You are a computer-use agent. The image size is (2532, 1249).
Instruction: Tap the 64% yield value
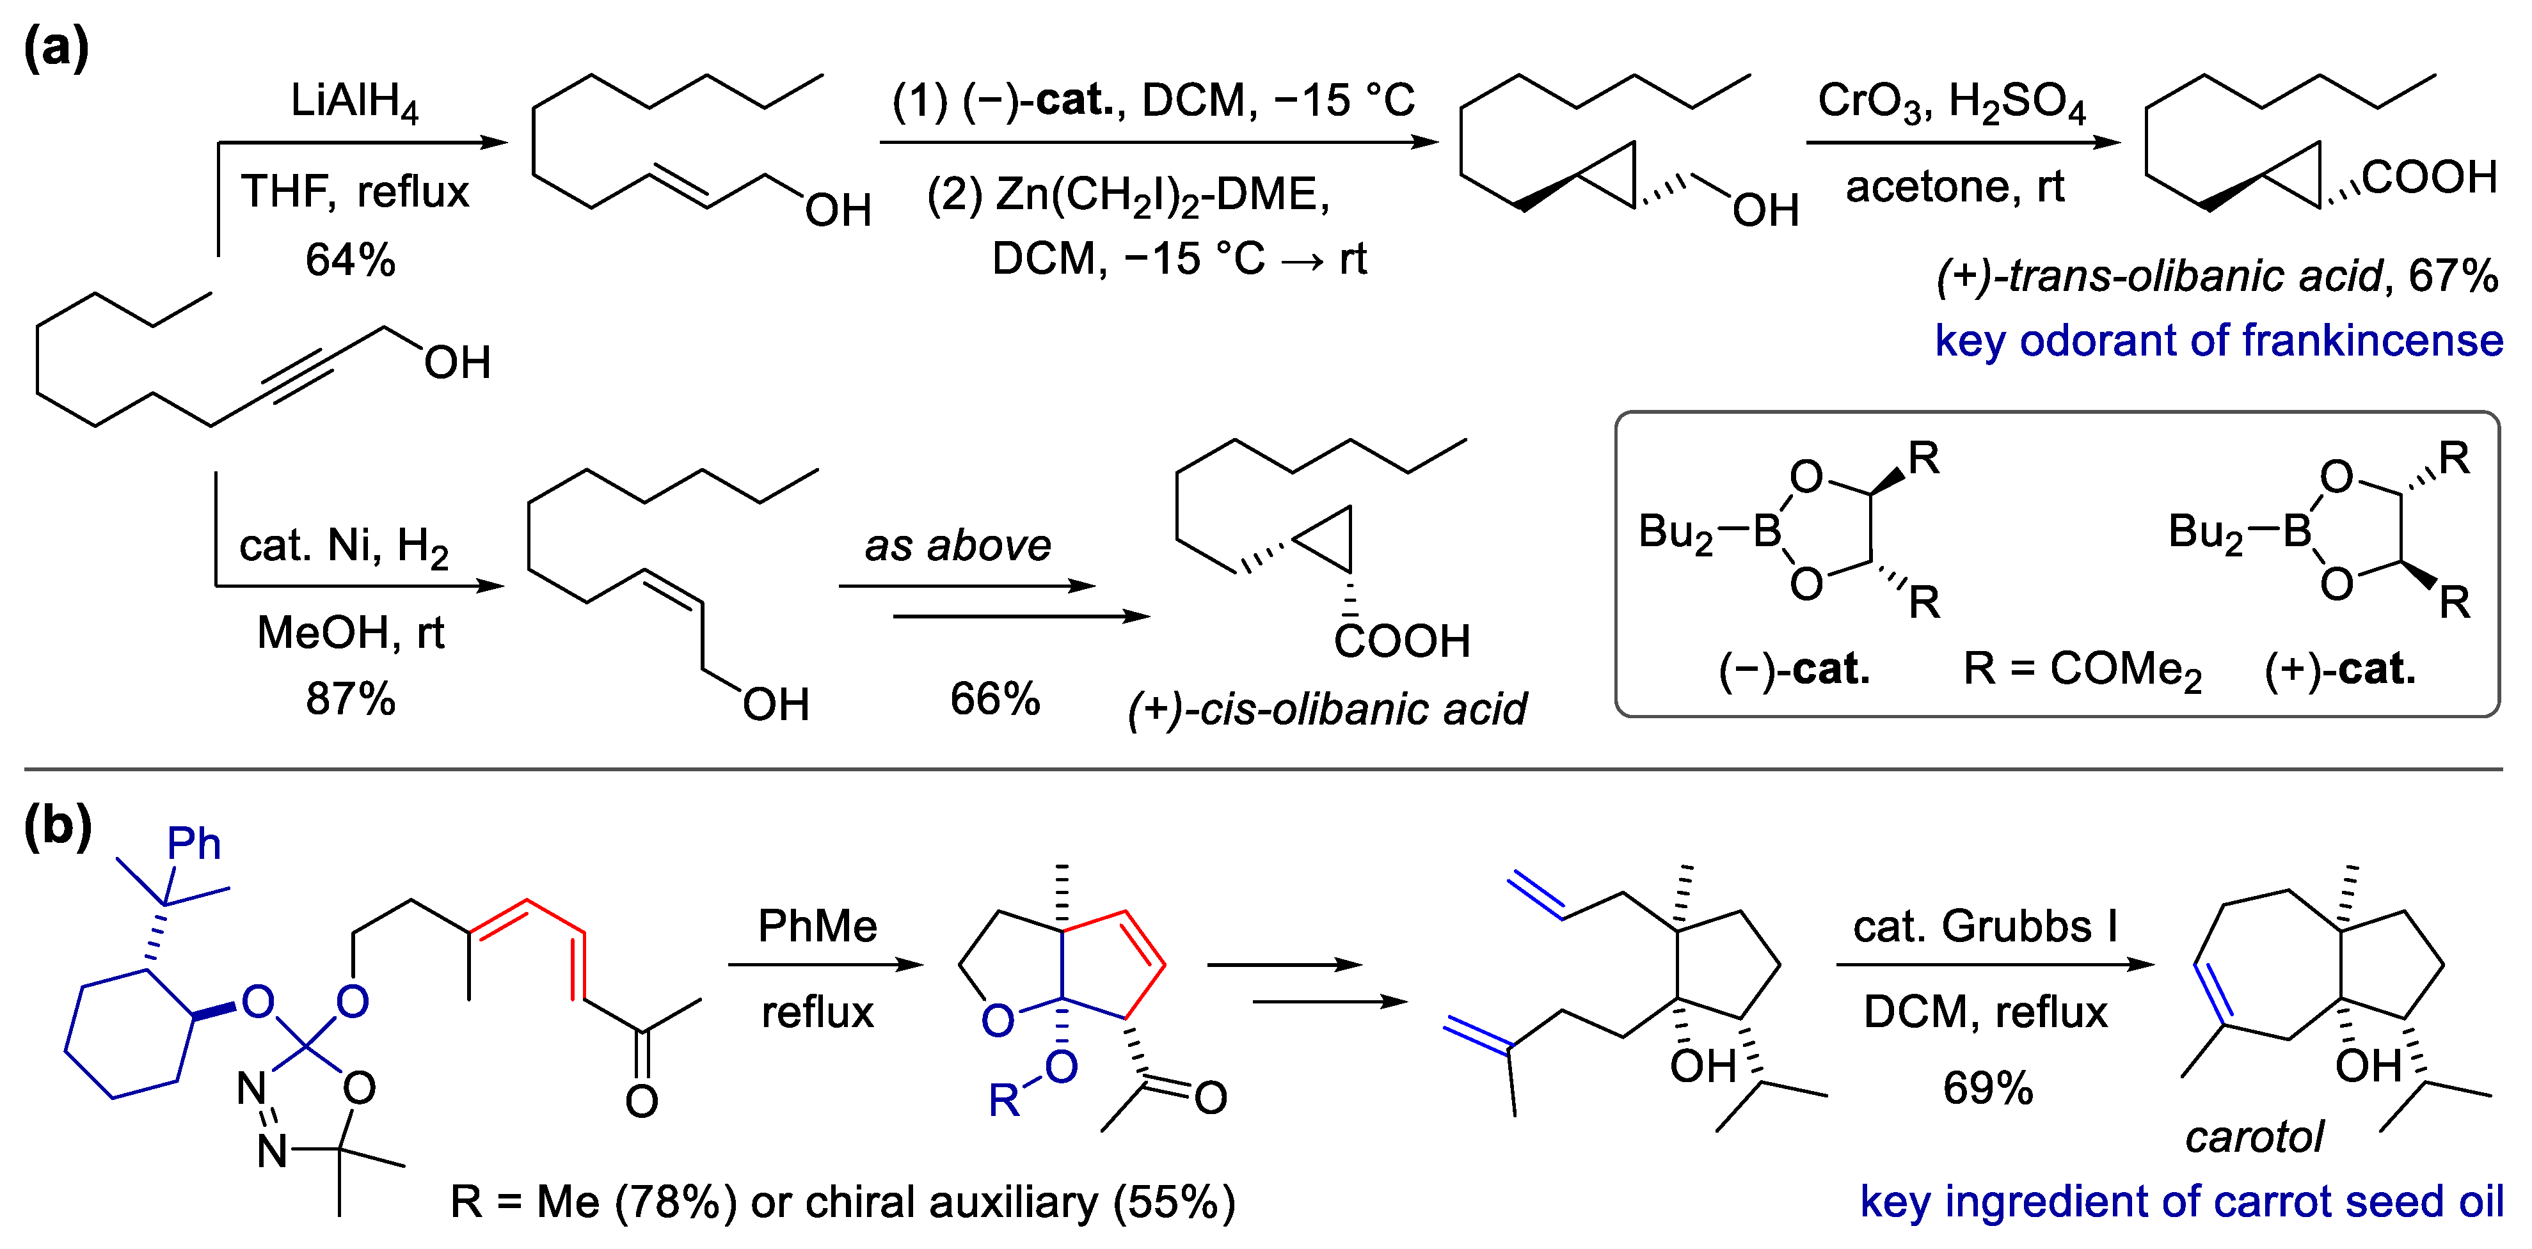pyautogui.click(x=350, y=260)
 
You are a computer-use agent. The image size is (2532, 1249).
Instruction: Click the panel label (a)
pyautogui.click(x=56, y=47)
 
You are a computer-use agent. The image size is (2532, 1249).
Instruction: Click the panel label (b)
pyautogui.click(x=57, y=826)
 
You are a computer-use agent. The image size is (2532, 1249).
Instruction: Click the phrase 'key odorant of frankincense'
pyautogui.click(x=2218, y=341)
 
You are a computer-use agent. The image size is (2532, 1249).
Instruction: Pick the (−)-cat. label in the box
pyautogui.click(x=1794, y=669)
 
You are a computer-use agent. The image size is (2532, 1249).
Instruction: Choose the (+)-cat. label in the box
pyautogui.click(x=2339, y=669)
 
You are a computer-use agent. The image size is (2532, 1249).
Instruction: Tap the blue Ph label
pyautogui.click(x=194, y=843)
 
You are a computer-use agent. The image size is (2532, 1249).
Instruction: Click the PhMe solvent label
pyautogui.click(x=817, y=925)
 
